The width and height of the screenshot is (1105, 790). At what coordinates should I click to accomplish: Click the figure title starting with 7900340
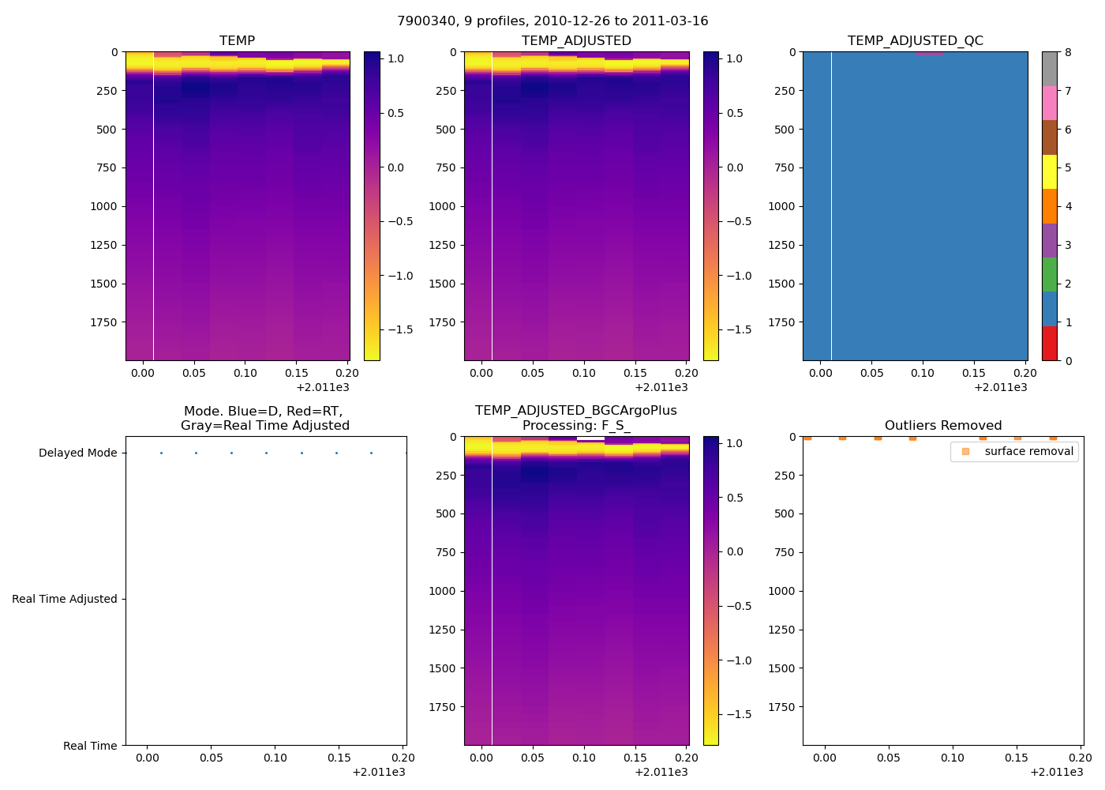tap(552, 21)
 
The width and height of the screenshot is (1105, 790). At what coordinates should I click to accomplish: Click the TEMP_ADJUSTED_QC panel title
tap(916, 41)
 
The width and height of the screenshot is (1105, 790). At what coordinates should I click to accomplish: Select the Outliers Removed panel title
tap(943, 426)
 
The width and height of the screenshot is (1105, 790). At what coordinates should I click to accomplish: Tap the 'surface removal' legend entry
tap(1028, 452)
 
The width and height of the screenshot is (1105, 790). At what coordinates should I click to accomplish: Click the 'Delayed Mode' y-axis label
tap(77, 453)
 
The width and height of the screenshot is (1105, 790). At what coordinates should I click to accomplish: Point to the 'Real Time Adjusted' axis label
tap(65, 600)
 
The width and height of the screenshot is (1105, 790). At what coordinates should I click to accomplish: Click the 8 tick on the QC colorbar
tap(1068, 53)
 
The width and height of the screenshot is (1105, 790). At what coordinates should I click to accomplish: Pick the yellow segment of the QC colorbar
tap(1050, 172)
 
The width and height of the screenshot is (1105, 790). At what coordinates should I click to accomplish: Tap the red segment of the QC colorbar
tap(1050, 344)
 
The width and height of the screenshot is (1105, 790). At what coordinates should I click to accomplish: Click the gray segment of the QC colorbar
tap(1050, 70)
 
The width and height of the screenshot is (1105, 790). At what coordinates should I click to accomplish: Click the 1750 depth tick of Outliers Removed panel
tap(781, 707)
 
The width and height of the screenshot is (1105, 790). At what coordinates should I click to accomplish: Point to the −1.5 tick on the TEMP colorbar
tap(400, 330)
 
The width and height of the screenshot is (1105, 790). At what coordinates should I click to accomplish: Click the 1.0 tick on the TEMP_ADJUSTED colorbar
tap(735, 59)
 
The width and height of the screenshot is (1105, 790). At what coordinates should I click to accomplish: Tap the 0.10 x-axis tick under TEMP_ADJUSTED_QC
tap(923, 374)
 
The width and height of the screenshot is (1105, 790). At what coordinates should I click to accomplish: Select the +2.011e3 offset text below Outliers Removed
tap(1056, 772)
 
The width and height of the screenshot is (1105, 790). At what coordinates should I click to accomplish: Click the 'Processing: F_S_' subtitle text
tap(576, 426)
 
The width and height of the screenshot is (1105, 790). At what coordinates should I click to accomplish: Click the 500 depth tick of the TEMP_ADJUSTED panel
tap(445, 130)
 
